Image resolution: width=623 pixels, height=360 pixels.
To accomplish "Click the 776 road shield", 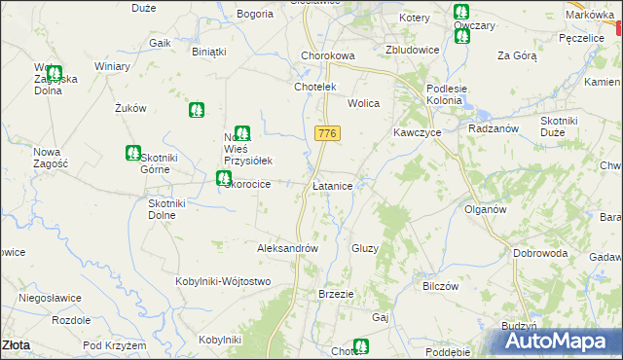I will coord(327,131).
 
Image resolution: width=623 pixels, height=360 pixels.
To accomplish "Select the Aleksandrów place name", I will coord(288,248).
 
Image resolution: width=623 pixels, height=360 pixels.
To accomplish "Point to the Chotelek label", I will coord(314,87).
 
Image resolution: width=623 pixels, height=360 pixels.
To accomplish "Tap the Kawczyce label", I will coord(418,131).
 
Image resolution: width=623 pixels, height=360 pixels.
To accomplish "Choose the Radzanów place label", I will coord(491,128).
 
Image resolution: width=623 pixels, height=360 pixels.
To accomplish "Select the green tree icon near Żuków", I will coord(197,111).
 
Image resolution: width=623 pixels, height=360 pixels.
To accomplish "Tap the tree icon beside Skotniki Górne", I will coord(132,152).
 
